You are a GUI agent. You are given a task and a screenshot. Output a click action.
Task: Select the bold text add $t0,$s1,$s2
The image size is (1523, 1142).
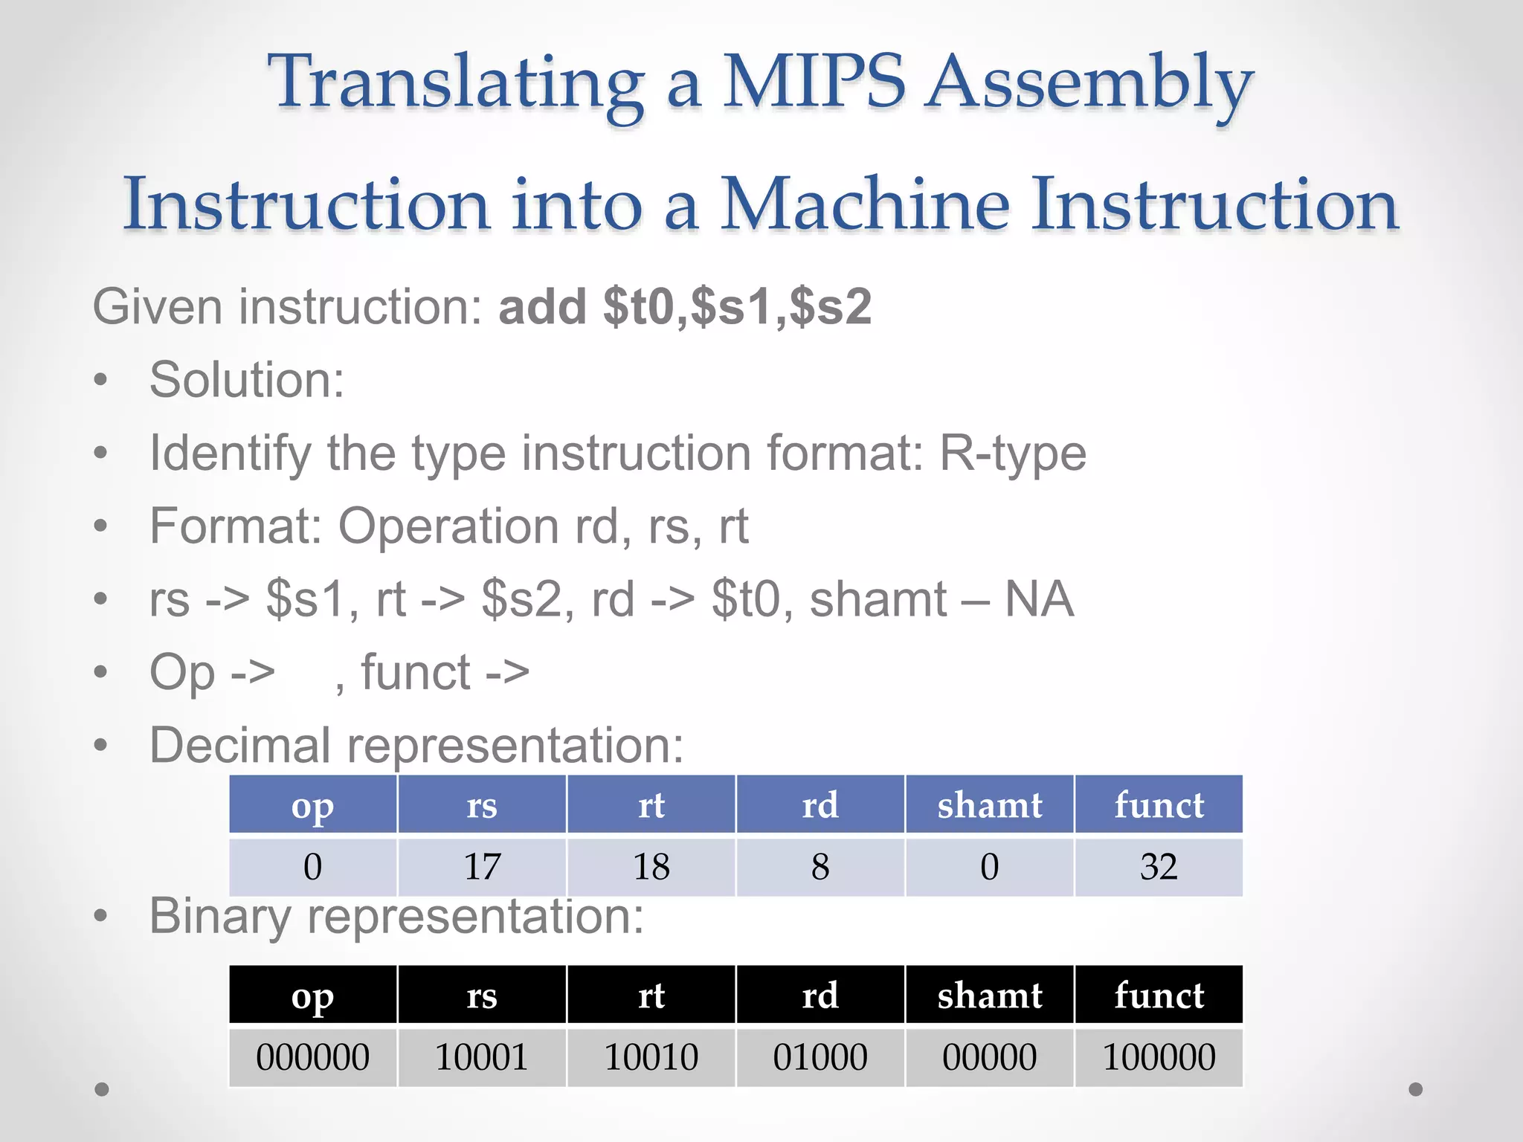pyautogui.click(x=684, y=306)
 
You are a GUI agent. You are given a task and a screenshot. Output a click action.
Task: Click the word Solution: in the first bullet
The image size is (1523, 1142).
pyautogui.click(x=247, y=380)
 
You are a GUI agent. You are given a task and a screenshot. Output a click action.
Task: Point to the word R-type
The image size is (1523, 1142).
pyautogui.click(x=1012, y=453)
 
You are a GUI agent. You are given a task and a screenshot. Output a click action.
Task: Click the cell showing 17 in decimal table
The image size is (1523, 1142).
pyautogui.click(x=482, y=867)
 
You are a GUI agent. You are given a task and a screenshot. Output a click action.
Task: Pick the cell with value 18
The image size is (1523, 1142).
pyautogui.click(x=651, y=867)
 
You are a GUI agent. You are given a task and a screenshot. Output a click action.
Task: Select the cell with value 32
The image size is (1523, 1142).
pyautogui.click(x=1159, y=867)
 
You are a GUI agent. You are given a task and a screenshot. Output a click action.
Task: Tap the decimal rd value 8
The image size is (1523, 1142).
pyautogui.click(x=820, y=867)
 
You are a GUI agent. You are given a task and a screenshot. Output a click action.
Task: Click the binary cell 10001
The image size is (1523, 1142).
pyautogui.click(x=482, y=1057)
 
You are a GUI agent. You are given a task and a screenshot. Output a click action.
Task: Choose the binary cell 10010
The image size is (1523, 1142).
pyautogui.click(x=651, y=1057)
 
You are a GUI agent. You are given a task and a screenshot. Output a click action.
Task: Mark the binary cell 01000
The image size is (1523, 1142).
pyautogui.click(x=820, y=1057)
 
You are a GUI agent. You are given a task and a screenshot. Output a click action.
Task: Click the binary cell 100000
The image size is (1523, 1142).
pyautogui.click(x=1159, y=1057)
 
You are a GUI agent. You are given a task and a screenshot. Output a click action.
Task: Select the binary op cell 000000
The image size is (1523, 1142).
pyautogui.click(x=312, y=1057)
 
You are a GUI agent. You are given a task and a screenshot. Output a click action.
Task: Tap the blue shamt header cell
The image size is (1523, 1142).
pyautogui.click(x=990, y=804)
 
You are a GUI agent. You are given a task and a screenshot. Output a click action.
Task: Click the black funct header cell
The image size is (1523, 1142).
pyautogui.click(x=1159, y=995)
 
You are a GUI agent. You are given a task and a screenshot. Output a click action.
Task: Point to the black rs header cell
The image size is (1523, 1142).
pyautogui.click(x=482, y=995)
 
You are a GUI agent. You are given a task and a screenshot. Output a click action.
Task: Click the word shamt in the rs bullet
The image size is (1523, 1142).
pyautogui.click(x=878, y=599)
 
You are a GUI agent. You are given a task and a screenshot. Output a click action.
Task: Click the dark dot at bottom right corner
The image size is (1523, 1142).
pyautogui.click(x=1416, y=1089)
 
